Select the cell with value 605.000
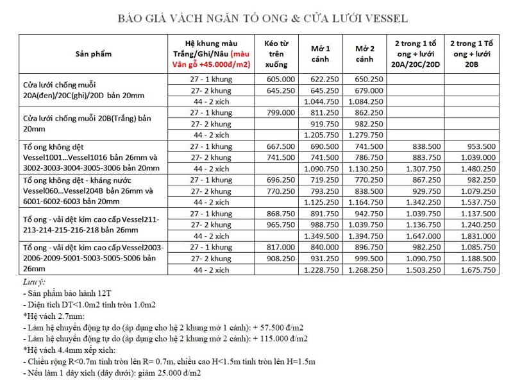point(281,79)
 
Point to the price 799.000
point(281,112)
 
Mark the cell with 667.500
point(281,146)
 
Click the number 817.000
point(281,248)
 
